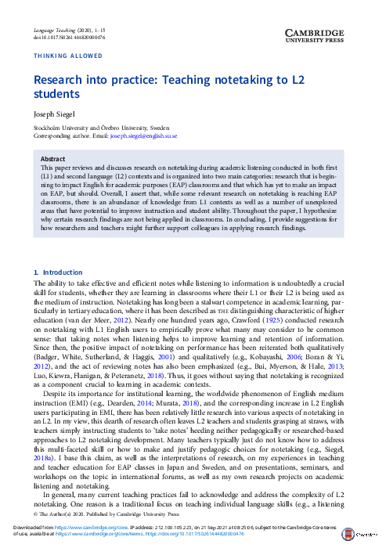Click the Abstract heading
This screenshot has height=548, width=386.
pos(52,158)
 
